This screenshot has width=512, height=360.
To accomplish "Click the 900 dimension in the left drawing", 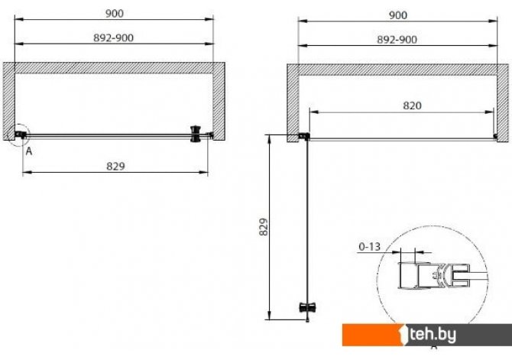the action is (115, 14).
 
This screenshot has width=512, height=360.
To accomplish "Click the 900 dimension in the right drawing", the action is (398, 15).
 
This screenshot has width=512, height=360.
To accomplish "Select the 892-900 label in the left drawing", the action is (113, 38).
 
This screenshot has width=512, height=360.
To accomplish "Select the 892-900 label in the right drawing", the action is (397, 40).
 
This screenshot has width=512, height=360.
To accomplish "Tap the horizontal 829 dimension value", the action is (115, 167).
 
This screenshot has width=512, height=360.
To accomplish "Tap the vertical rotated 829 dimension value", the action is (264, 227).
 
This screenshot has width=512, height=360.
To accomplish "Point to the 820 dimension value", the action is (412, 105).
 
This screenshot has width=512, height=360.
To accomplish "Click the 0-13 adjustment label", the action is (369, 247).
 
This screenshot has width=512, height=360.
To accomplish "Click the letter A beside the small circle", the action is (29, 151).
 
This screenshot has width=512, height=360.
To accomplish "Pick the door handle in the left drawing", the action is (196, 134).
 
